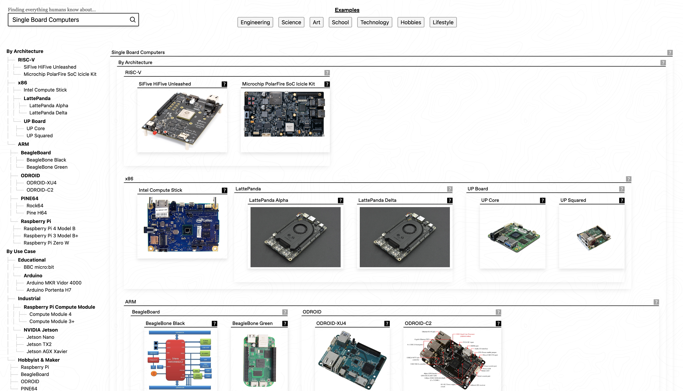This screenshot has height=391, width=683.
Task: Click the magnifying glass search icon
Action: (x=133, y=20)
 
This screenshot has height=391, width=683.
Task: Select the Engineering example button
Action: (x=255, y=22)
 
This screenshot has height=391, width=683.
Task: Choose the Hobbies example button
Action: (x=411, y=22)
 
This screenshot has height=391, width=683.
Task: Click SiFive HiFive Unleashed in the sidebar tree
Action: (x=50, y=67)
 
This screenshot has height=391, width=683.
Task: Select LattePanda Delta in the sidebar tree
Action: (x=48, y=113)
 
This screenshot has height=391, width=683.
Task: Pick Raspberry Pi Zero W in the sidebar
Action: (x=46, y=243)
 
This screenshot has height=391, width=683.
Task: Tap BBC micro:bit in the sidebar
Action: (x=39, y=267)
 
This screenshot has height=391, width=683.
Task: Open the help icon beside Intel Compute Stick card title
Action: (x=224, y=190)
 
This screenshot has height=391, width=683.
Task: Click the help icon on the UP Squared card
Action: (x=622, y=201)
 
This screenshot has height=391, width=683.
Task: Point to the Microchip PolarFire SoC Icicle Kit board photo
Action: (x=284, y=114)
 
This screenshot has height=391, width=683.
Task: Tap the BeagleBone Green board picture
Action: (x=259, y=360)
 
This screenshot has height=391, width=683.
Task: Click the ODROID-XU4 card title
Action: (x=331, y=323)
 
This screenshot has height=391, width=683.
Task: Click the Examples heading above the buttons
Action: (x=347, y=10)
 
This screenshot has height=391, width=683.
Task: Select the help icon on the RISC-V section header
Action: (x=327, y=73)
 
